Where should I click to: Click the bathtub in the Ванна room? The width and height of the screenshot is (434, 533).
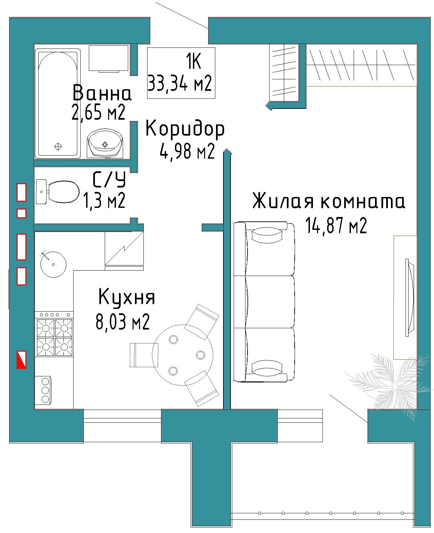pyautogui.click(x=58, y=103)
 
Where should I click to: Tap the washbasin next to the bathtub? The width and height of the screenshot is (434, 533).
pyautogui.click(x=105, y=143)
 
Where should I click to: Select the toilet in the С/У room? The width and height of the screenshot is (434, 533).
pyautogui.click(x=58, y=192)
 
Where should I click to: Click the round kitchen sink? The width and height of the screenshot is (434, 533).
pyautogui.click(x=53, y=264)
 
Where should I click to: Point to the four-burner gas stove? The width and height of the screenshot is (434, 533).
pyautogui.click(x=55, y=334)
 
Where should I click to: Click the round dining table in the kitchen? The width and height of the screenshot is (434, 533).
pyautogui.click(x=183, y=355)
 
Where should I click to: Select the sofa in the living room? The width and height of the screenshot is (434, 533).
pyautogui.click(x=264, y=301)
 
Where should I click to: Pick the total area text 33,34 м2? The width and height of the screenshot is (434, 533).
pyautogui.click(x=180, y=83)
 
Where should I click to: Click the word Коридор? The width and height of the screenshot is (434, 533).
pyautogui.click(x=185, y=129)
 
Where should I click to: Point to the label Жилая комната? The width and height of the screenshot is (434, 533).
pyautogui.click(x=329, y=200)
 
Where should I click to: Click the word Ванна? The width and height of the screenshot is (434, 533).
pyautogui.click(x=102, y=93)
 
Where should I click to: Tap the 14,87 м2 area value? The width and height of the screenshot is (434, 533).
pyautogui.click(x=336, y=225)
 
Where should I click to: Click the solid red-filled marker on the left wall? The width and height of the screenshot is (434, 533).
pyautogui.click(x=21, y=360)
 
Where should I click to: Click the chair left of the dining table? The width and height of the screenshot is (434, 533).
pyautogui.click(x=144, y=355)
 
